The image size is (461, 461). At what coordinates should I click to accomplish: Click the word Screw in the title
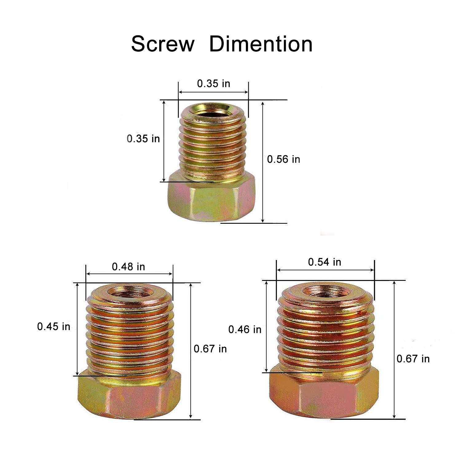tap(163, 44)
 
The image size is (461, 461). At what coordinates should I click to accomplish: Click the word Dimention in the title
tap(261, 44)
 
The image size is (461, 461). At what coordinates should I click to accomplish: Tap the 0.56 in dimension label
tap(283, 159)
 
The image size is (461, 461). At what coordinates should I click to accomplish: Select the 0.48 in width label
tap(128, 266)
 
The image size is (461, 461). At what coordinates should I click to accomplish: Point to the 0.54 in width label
tap(325, 262)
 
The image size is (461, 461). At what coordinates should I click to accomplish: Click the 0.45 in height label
tap(54, 326)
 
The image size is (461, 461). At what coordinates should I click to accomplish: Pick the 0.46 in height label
tap(245, 329)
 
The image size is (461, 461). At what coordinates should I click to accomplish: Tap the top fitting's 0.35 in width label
tap(214, 83)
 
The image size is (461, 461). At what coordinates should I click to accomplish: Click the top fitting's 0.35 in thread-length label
tap(144, 139)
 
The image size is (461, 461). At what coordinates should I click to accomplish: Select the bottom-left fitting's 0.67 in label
tap(210, 349)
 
